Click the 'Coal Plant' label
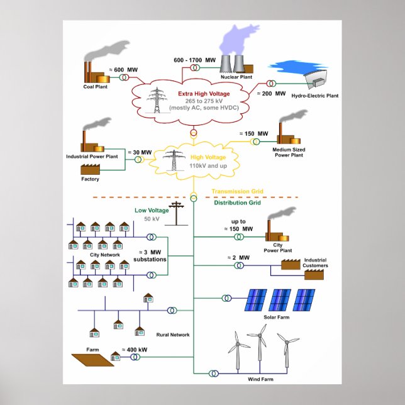pos(96,87)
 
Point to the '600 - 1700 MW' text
pos(196,60)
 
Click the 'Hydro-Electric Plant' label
pos(315,96)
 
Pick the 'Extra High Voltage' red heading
pos(194,94)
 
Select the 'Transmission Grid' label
pos(237,191)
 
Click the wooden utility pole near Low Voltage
pos(177,214)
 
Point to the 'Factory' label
pos(90,179)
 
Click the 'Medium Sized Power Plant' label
pos(290,152)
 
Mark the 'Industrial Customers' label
pos(316,262)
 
